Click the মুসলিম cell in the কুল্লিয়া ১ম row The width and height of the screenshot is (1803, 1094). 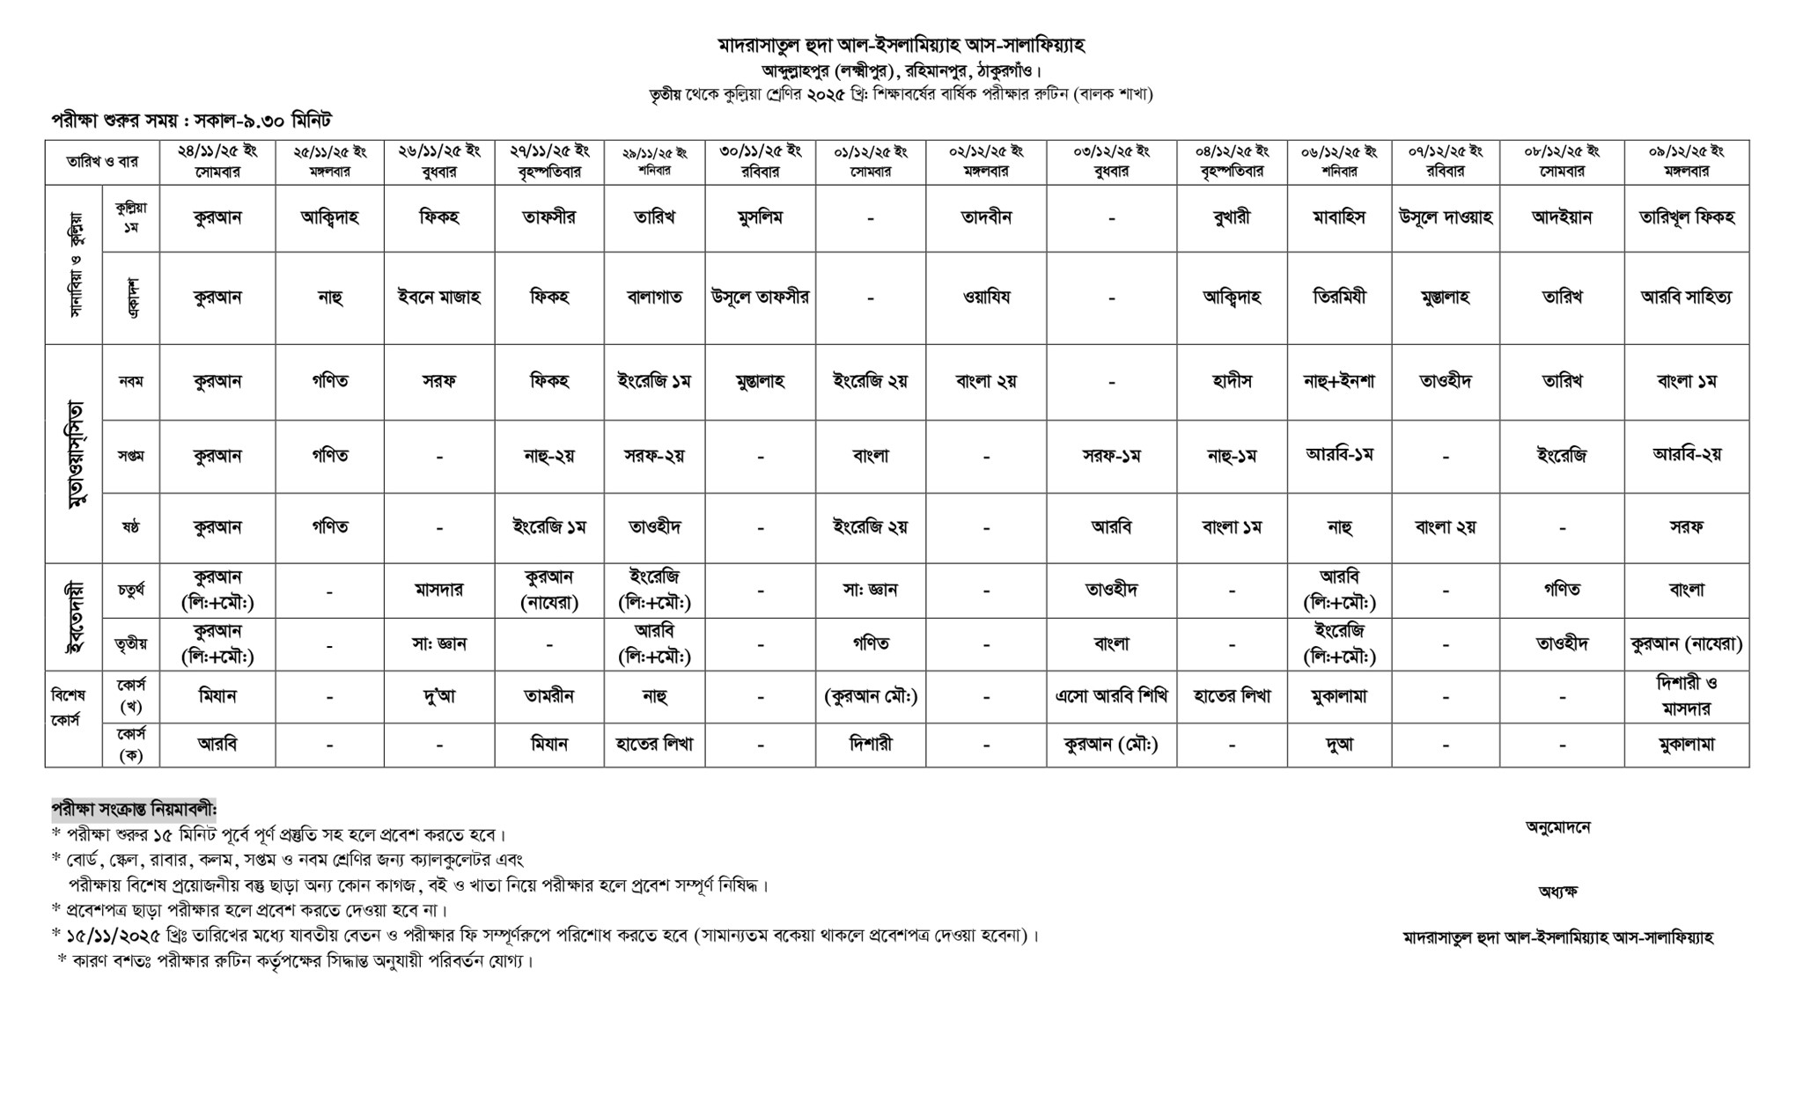coord(760,217)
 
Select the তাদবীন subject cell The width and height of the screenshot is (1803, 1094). coord(986,217)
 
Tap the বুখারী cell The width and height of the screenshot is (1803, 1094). coord(1232,217)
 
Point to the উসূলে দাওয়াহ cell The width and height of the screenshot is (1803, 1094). coord(1445,217)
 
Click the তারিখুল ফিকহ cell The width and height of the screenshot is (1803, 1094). coord(1686,217)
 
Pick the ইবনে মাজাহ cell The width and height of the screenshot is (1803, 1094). coord(438,297)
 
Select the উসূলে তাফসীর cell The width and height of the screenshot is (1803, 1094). coord(760,297)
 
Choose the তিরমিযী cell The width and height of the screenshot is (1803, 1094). coord(1339,297)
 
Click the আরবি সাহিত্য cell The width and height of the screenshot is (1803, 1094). coord(1686,297)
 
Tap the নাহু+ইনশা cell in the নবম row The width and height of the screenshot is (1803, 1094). coord(1339,381)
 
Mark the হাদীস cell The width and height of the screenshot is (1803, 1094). coord(1232,381)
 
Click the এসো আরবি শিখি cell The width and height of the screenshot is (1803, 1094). coord(1112,696)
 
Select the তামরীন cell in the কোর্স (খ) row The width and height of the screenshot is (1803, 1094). coord(548,696)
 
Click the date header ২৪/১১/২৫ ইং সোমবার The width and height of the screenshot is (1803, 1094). coord(217,161)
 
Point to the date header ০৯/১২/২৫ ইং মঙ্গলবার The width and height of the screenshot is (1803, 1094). coord(1686,161)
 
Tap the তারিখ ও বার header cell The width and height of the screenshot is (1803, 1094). coord(102,162)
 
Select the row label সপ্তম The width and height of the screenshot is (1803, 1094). coord(130,456)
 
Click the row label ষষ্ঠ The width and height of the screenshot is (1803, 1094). coord(130,527)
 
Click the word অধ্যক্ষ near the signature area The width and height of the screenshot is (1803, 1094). coord(1557,892)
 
